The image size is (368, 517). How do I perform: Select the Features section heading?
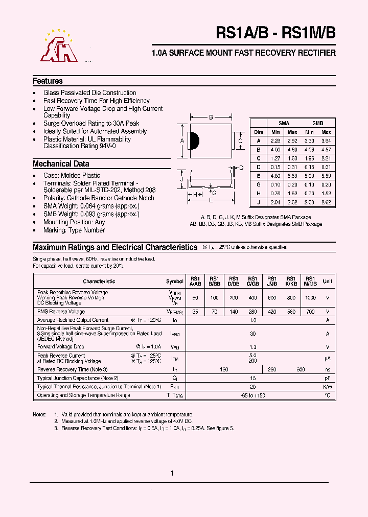tap(48, 81)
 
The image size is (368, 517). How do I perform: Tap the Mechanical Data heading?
tap(61, 164)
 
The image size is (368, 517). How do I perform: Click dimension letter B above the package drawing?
tap(211, 118)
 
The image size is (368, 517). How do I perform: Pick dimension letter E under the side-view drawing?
tap(210, 200)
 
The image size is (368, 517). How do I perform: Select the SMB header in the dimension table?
tap(317, 123)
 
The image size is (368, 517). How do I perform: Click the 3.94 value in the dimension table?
tap(326, 140)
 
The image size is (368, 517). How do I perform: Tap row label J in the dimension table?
tap(259, 202)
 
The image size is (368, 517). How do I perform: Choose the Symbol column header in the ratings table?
tap(175, 281)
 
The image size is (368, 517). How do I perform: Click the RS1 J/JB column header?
tap(272, 281)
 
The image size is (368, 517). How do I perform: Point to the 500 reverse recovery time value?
tap(301, 369)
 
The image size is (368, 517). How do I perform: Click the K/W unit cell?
tap(328, 387)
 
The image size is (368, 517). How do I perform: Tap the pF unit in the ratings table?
tap(328, 378)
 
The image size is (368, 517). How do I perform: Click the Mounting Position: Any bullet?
tap(74, 222)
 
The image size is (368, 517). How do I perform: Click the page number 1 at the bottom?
tap(172, 474)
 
